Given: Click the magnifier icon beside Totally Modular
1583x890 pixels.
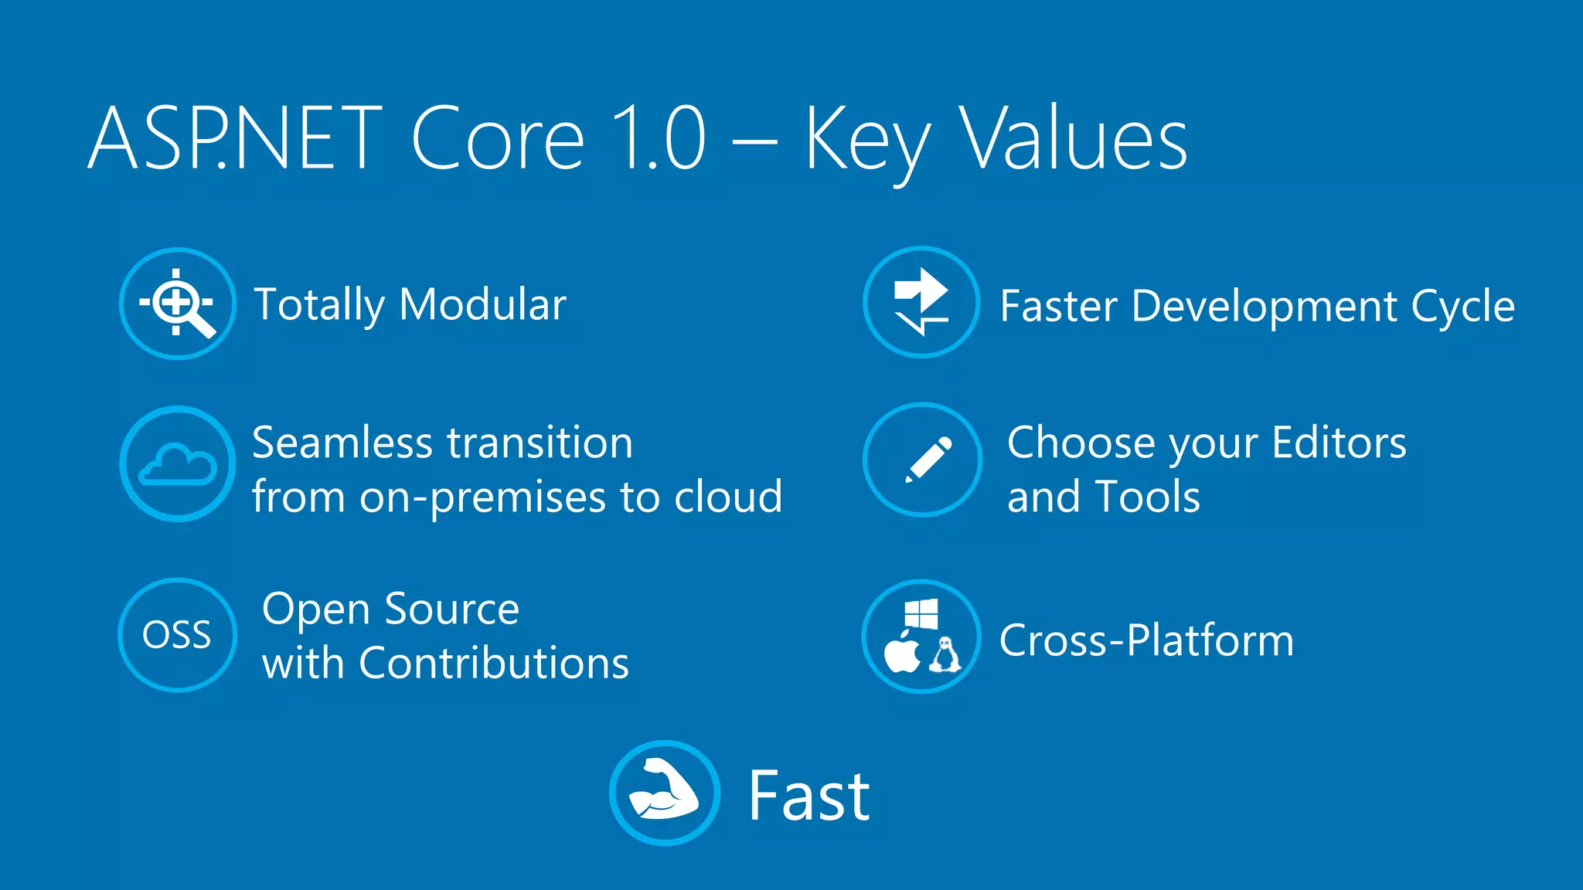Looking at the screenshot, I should coord(179,304).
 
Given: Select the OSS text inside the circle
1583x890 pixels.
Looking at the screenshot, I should coord(176,635).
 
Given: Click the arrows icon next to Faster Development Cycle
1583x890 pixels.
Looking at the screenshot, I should coord(921,302).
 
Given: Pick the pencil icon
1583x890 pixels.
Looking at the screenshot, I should coord(928,460).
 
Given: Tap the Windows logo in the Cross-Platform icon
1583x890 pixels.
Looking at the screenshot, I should coord(921,615).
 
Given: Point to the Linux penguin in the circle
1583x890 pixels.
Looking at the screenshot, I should coord(945,654).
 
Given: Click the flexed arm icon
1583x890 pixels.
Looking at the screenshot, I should coord(663,791).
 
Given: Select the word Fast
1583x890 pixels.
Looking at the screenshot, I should coord(809,796).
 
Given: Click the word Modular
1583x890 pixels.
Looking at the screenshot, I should coord(483,304).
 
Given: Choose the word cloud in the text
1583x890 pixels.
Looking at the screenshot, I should coord(728,496).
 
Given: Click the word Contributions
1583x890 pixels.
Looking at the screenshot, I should coord(494,663).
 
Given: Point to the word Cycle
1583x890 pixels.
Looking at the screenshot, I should coord(1462,307).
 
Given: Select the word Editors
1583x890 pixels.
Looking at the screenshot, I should coord(1339,443).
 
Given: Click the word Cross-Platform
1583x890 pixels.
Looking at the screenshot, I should coord(1146,640).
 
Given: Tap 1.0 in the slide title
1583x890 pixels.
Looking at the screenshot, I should coord(658,139).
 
